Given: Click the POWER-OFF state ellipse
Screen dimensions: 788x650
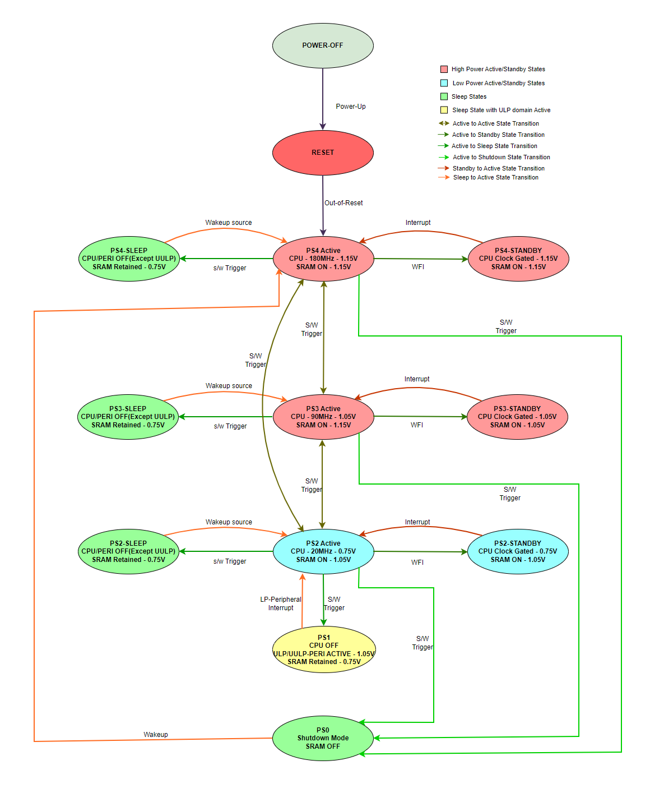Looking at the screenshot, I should [323, 45].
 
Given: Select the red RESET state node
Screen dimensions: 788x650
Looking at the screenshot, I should [323, 153].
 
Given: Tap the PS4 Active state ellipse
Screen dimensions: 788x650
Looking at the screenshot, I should [323, 259].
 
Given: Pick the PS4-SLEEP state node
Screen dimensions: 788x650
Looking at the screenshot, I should [129, 259].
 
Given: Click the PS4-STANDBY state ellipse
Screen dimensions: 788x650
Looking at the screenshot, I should [518, 259].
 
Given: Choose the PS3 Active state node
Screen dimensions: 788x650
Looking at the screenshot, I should [323, 417].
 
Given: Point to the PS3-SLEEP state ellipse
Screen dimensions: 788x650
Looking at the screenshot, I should [128, 417].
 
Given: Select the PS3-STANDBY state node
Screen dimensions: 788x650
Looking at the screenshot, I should [517, 417].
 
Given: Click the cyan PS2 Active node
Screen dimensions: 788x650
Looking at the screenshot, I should [323, 551].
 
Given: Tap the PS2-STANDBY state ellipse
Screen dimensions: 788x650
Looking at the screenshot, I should [518, 551].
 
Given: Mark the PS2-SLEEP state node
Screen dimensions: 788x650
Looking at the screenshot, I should [128, 551].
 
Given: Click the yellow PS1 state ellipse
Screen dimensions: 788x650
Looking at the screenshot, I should [324, 649].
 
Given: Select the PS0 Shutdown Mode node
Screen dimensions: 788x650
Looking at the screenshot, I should [323, 738].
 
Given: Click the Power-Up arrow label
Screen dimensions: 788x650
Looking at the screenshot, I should [351, 107].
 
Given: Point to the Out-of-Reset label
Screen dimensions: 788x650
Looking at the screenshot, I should [343, 203].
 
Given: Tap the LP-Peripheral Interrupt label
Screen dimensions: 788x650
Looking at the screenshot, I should [281, 603].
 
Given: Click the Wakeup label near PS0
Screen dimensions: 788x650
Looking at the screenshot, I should [156, 735].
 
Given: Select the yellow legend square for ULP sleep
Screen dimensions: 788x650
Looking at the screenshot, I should [444, 110].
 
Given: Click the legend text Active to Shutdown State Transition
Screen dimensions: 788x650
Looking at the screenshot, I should [502, 157].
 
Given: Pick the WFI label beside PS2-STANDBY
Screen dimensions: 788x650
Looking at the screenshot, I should [417, 563].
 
